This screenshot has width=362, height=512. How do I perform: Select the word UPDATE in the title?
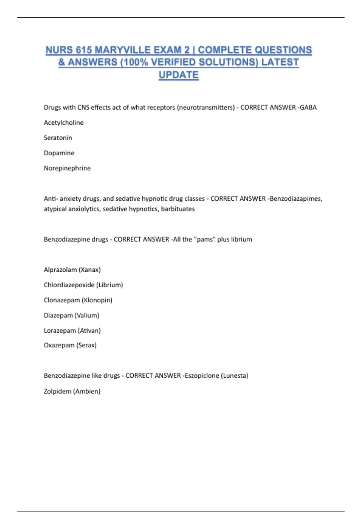(179, 75)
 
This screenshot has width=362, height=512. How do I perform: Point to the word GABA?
(308, 108)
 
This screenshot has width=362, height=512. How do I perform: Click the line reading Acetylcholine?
(64, 123)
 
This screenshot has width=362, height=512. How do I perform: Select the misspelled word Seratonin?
(58, 138)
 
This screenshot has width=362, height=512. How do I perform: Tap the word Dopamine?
(59, 153)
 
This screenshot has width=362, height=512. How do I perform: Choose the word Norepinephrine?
(67, 168)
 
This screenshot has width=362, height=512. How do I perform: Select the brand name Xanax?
(90, 270)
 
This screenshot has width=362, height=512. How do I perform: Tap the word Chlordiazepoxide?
(69, 285)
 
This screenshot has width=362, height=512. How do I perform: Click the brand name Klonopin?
(97, 300)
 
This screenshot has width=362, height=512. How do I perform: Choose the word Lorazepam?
(60, 331)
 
